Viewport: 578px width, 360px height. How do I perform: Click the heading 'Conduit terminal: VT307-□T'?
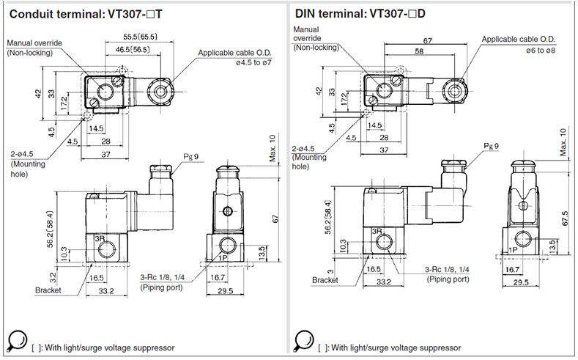tap(86, 14)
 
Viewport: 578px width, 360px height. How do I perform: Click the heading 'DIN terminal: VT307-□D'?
tap(360, 14)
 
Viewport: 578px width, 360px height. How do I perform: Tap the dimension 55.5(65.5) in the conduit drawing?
tap(140, 37)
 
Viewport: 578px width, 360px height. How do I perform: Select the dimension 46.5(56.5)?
tap(133, 49)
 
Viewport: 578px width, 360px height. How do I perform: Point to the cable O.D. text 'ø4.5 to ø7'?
tap(253, 62)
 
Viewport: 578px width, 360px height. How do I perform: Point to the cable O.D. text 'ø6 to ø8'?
tap(541, 50)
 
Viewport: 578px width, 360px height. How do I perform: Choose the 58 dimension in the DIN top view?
tap(420, 51)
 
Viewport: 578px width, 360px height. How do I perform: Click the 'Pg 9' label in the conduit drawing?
tap(191, 156)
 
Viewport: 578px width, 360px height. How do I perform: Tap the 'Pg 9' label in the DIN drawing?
tap(492, 146)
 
